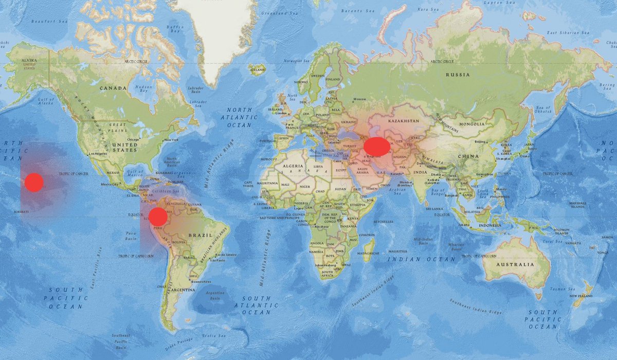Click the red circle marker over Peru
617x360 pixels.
(158, 217)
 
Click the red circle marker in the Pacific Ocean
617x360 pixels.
(34, 183)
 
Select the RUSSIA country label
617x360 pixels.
(458, 75)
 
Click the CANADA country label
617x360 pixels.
(113, 88)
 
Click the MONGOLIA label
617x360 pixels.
(471, 124)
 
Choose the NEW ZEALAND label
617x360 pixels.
(580, 297)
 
